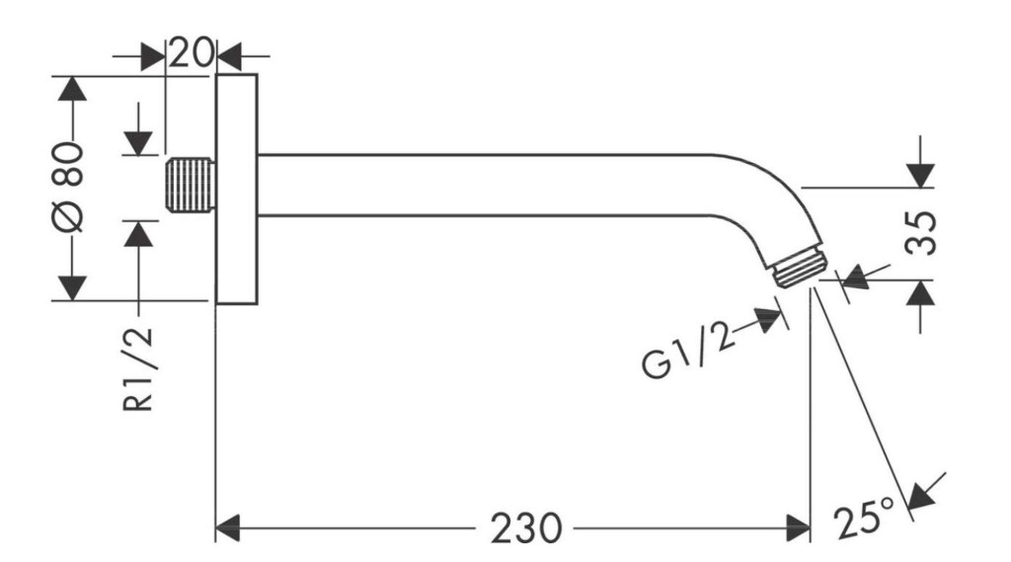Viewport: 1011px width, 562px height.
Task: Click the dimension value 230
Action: point(526,528)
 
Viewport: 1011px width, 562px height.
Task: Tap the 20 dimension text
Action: point(191,53)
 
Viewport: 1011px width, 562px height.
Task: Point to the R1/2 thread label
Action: point(138,368)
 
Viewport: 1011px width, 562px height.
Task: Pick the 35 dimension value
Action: point(920,233)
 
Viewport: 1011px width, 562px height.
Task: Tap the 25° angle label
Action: point(864,517)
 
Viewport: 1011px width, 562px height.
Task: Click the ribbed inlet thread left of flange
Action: point(190,185)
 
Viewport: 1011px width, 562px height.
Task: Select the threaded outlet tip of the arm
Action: point(800,268)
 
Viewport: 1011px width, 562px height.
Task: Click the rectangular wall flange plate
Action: point(236,189)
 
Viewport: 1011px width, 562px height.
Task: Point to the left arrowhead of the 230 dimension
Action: point(227,528)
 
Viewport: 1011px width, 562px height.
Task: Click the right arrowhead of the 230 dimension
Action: point(798,528)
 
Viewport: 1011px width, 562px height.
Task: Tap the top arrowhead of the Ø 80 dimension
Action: point(71,88)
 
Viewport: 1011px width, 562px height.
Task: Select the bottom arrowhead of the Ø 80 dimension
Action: point(71,287)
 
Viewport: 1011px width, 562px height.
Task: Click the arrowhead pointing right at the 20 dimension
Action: point(153,56)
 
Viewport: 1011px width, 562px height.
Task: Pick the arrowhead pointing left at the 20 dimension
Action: point(229,56)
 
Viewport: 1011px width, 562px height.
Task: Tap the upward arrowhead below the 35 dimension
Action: point(920,293)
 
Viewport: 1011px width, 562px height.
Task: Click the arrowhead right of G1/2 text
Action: point(769,320)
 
